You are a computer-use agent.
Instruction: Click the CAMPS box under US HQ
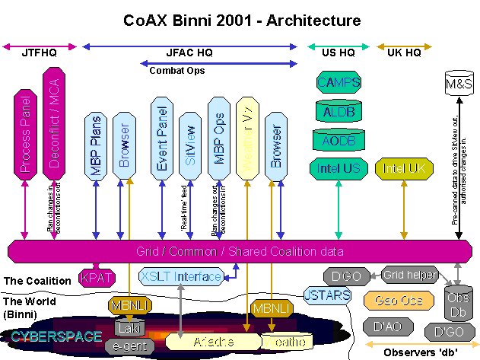point(339,82)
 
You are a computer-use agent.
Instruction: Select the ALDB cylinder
point(339,111)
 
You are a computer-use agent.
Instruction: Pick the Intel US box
point(339,167)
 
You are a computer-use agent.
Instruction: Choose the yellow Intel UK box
point(403,167)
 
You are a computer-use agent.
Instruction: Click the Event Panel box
point(161,137)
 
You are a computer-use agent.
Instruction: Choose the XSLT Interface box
point(181,277)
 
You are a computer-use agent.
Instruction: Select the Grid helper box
point(410,275)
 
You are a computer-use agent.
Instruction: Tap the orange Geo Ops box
point(389,301)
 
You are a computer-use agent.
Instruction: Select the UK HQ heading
point(404,53)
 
